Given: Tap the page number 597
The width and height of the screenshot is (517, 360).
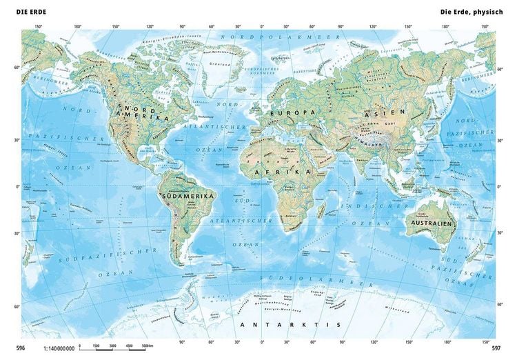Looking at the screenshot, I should click(496, 348).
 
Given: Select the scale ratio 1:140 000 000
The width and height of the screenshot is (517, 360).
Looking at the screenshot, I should click(58, 348).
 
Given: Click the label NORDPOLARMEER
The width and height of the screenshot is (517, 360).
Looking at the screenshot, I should click(266, 35).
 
